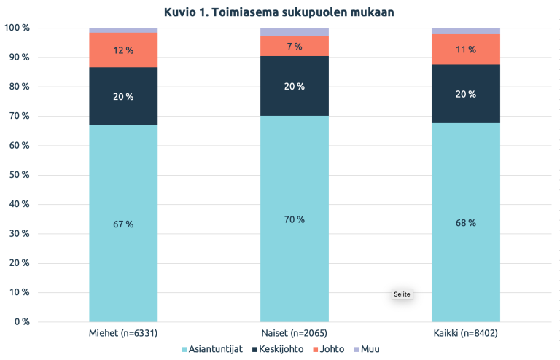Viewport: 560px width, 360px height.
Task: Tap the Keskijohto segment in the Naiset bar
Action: (x=295, y=86)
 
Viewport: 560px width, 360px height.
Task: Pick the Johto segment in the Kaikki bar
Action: (x=466, y=49)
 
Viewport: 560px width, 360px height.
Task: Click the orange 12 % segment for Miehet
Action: (x=123, y=50)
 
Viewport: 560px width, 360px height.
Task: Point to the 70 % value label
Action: (x=295, y=219)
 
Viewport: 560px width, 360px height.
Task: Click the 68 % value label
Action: (x=466, y=223)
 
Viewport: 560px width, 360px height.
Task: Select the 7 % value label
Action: (x=295, y=46)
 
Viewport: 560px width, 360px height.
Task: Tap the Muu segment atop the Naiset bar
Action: (x=295, y=31)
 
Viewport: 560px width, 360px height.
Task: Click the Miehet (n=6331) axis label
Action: (x=123, y=333)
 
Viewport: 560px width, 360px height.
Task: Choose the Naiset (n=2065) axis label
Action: (x=295, y=333)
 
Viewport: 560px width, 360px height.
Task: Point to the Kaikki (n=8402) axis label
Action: (x=466, y=333)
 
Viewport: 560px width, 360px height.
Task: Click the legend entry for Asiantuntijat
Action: (x=211, y=349)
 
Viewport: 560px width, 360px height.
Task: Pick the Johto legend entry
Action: (x=330, y=349)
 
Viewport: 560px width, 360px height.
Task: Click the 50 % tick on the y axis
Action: (x=17, y=175)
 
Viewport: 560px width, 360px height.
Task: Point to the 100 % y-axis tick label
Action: (x=16, y=28)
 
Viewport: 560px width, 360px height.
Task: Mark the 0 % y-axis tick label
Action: (x=19, y=321)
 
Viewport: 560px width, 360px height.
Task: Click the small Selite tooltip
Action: (x=402, y=294)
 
